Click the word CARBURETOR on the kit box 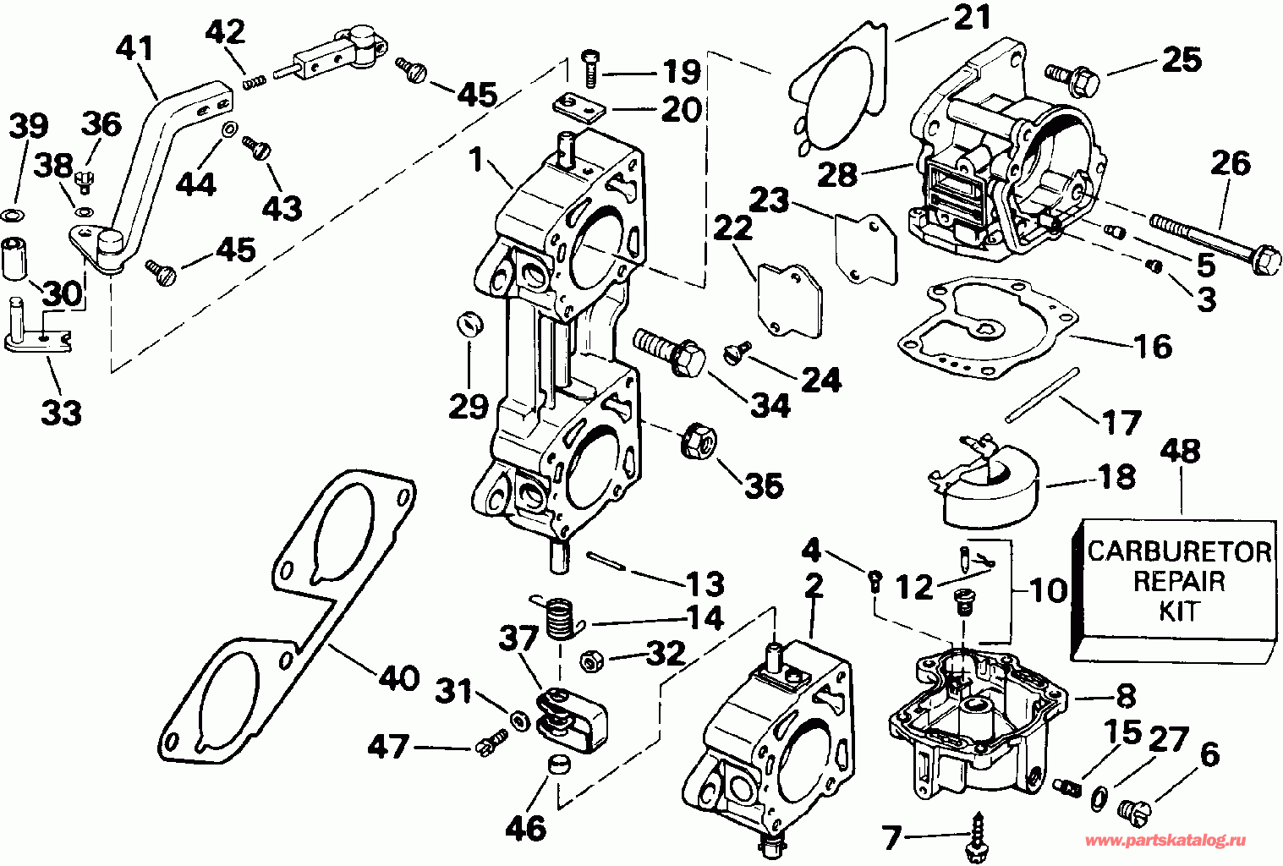[x=1179, y=552]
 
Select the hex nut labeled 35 [x=699, y=441]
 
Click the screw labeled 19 [x=589, y=67]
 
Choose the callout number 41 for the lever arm [x=136, y=48]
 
